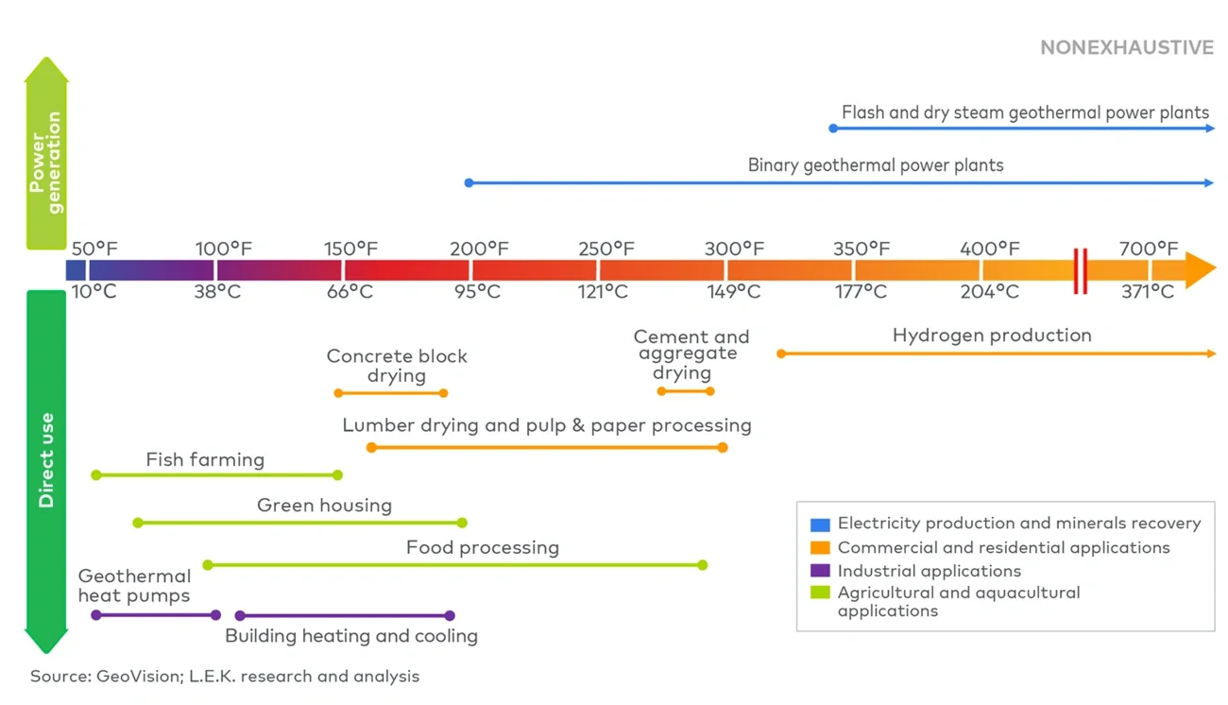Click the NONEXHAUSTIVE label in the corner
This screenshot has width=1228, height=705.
tap(1126, 47)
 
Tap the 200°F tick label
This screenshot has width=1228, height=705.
tap(479, 249)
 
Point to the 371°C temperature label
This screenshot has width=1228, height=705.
tap(1147, 292)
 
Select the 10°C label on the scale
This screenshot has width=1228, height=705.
tap(94, 292)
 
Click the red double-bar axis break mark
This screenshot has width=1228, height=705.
tap(1080, 271)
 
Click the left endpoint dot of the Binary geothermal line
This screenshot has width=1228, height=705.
tap(469, 182)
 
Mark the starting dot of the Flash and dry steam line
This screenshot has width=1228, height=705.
tap(833, 128)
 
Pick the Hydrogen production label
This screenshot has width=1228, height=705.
tap(991, 335)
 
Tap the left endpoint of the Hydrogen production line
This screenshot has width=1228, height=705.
tap(781, 353)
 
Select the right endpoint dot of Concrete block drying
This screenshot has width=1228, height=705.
tap(444, 393)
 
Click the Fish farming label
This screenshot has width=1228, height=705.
tap(205, 460)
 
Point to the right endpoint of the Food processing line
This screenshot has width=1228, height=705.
tap(702, 565)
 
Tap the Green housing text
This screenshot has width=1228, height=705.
tap(324, 506)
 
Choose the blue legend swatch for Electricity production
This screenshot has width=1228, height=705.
tap(820, 524)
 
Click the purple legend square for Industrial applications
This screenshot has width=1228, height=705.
tap(820, 571)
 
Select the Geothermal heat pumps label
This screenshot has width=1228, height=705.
tap(134, 586)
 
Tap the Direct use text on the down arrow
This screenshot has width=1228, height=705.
tap(45, 460)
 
